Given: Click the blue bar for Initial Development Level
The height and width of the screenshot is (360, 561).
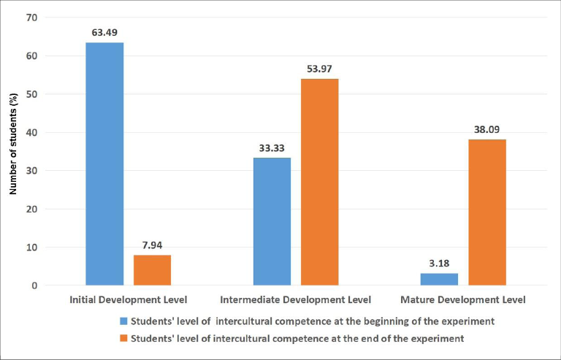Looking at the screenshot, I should tap(104, 164).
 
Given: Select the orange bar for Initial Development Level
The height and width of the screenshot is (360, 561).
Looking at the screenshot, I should tap(152, 270).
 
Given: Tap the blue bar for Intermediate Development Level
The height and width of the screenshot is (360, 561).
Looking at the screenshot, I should tap(272, 221).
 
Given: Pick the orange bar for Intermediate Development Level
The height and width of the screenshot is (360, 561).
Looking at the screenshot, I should tap(319, 182).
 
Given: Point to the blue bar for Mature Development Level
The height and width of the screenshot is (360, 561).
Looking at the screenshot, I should tap(439, 279).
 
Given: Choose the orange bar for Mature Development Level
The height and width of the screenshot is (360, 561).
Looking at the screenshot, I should tap(487, 212).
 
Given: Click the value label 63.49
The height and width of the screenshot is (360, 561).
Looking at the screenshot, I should tap(104, 31).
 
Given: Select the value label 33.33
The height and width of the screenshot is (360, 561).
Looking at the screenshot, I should tap(272, 147).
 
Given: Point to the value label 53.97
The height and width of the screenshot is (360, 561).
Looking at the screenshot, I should tap(319, 68).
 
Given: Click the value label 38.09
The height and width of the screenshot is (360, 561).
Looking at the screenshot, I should tap(487, 129).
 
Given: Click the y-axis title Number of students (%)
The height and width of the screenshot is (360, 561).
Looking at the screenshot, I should tap(13, 150).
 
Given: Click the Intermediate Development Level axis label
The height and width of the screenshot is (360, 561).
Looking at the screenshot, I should tap(295, 299).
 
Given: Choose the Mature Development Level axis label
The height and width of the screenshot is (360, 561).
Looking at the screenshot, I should tap(463, 299).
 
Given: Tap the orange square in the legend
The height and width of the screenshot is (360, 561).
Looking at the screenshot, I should tap(122, 337).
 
